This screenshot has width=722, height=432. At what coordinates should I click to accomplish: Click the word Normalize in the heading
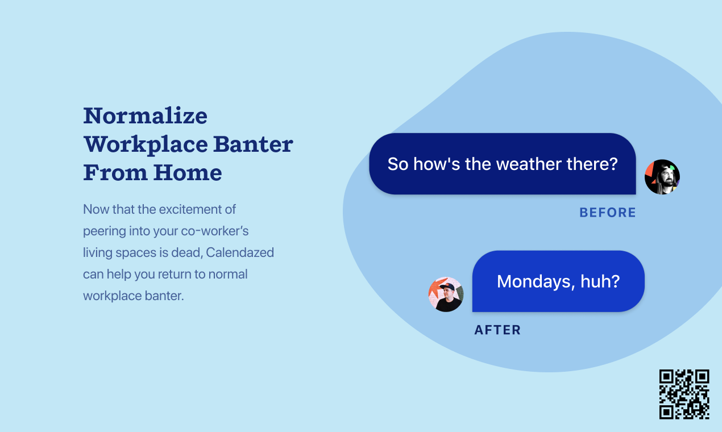click(146, 116)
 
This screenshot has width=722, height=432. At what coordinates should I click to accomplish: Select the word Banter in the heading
click(253, 144)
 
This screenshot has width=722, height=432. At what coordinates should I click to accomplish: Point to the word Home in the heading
click(187, 172)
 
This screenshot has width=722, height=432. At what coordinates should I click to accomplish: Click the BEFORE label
click(608, 213)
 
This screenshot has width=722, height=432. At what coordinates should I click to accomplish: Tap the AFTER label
click(497, 330)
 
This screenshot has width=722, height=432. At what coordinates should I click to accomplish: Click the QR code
click(684, 394)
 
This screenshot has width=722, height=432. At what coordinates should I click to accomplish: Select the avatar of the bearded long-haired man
click(662, 177)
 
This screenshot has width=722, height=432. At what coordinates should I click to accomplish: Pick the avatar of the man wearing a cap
click(446, 294)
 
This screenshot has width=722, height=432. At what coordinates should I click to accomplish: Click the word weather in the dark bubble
click(529, 164)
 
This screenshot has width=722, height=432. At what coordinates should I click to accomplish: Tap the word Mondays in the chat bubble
click(536, 282)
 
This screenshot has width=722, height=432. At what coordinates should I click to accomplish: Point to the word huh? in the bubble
click(600, 281)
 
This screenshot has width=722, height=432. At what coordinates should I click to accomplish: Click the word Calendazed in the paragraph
click(240, 252)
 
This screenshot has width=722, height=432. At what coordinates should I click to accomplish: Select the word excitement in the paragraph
click(189, 210)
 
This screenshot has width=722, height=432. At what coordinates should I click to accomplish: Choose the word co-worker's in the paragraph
click(215, 231)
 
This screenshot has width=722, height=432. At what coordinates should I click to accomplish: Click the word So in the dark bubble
click(398, 164)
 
